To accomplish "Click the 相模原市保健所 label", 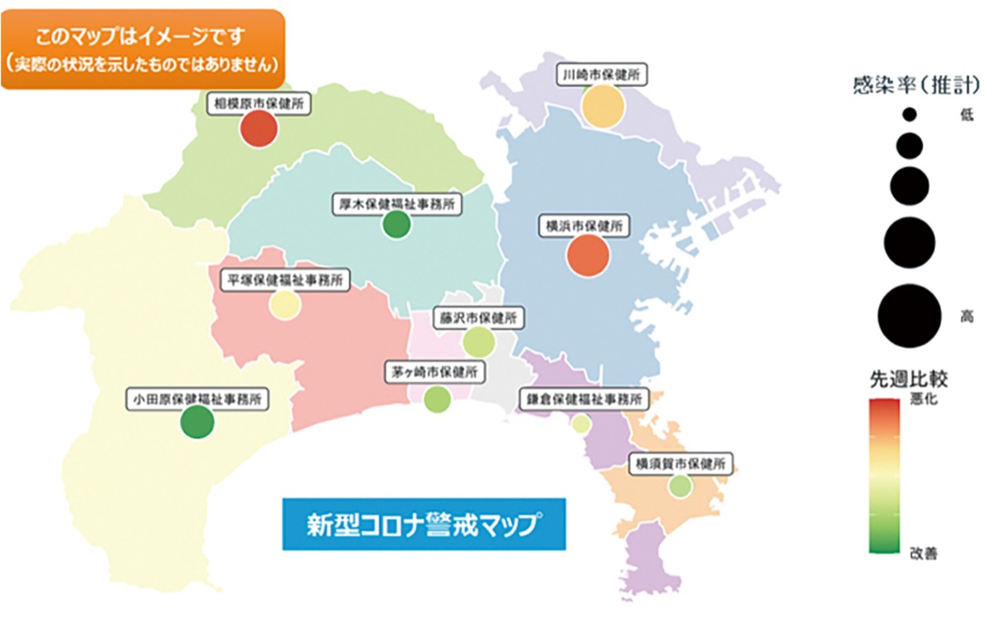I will click(x=258, y=104).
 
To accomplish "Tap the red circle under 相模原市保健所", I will click(x=258, y=129).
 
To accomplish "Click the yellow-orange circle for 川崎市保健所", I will click(x=602, y=105).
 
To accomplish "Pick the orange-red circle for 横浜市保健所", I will click(x=588, y=255).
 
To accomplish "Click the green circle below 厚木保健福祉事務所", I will click(x=397, y=225).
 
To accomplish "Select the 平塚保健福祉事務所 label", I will click(x=285, y=280).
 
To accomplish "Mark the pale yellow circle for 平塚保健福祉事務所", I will click(x=284, y=305).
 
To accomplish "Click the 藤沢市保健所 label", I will click(x=478, y=318).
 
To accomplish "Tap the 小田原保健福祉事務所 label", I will click(x=197, y=399).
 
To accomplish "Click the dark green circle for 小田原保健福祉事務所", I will click(x=197, y=423).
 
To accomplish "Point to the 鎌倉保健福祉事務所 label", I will click(x=582, y=399).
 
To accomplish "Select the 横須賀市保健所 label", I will click(x=681, y=464).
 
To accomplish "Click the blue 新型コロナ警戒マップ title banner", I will click(x=424, y=524).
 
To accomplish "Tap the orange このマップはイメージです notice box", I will click(x=142, y=49).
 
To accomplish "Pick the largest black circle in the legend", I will click(x=909, y=316).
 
